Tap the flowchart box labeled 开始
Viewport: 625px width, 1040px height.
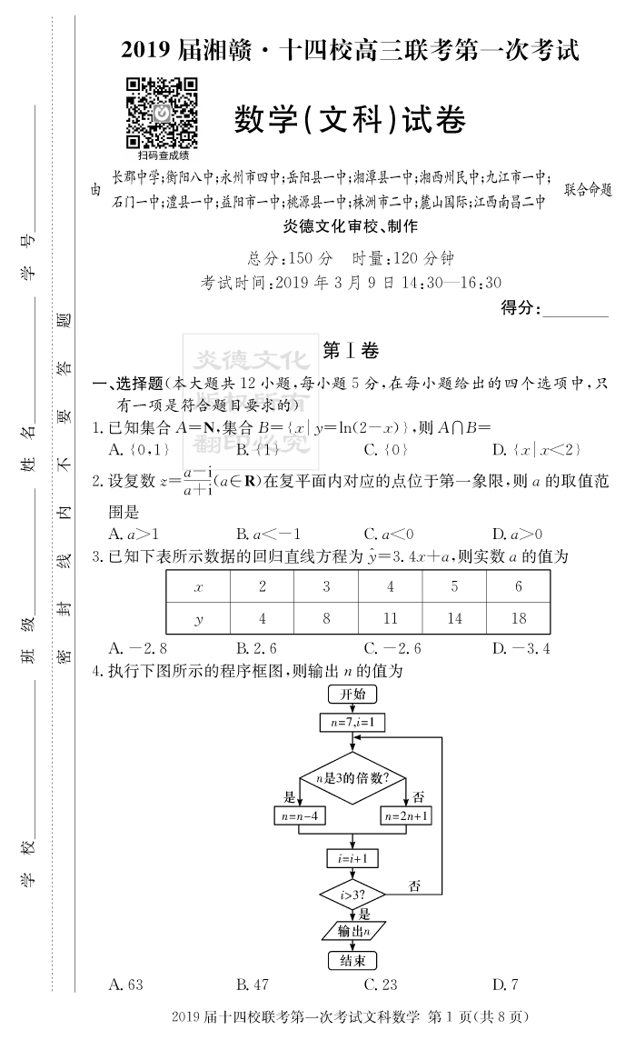pyautogui.click(x=352, y=695)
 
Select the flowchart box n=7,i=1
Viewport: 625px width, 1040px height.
pyautogui.click(x=352, y=723)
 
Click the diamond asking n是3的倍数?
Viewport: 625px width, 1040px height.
pyautogui.click(x=352, y=777)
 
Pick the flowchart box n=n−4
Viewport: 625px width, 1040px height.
pyautogui.click(x=300, y=815)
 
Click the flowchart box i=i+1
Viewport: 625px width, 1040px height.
pyautogui.click(x=352, y=857)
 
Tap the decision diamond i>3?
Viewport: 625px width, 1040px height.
pyautogui.click(x=352, y=895)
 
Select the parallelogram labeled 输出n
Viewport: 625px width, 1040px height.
pyautogui.click(x=352, y=931)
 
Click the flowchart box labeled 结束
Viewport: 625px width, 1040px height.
pyautogui.click(x=352, y=960)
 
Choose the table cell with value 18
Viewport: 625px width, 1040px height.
pyautogui.click(x=519, y=618)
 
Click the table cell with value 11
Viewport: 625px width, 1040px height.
pyautogui.click(x=391, y=618)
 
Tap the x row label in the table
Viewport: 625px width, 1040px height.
pyautogui.click(x=198, y=587)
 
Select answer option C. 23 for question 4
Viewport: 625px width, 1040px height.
pyautogui.click(x=382, y=984)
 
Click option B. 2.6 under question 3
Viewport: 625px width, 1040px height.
pyautogui.click(x=256, y=648)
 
